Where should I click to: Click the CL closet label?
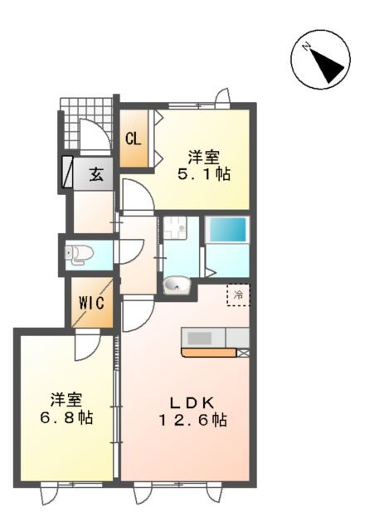133,139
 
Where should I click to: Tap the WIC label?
91,303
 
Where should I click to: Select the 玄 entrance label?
96,175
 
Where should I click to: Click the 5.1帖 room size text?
204,175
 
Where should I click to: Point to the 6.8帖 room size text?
66,417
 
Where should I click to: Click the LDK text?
192,402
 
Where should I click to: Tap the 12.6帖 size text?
192,421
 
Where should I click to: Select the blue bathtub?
227,229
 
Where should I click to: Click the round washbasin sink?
176,285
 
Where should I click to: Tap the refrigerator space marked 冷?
238,295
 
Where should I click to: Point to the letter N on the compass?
307,46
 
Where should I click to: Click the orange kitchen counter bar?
209,353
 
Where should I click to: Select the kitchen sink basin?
200,338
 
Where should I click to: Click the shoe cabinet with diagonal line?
67,172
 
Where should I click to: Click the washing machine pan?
175,228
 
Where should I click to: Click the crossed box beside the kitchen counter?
243,353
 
